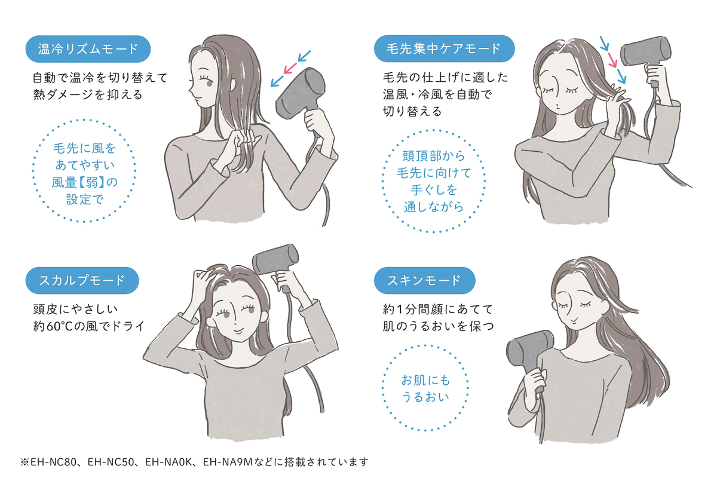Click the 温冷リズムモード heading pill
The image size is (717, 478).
88,49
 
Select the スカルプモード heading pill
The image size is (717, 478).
82,280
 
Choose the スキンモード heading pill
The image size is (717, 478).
424,280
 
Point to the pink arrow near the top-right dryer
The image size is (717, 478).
612,60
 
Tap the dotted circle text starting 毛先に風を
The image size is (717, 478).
84,173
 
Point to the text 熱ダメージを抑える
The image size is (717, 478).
87,94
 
